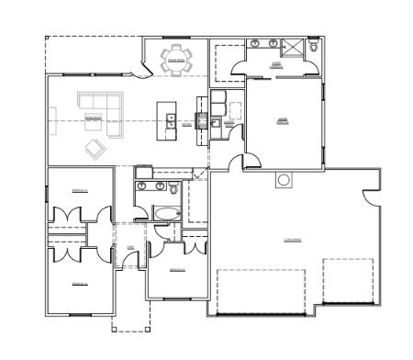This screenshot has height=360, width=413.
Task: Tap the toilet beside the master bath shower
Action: tap(313, 45)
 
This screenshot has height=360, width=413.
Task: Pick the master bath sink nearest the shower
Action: tap(273, 43)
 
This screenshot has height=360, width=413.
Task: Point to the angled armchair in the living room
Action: tap(95, 147)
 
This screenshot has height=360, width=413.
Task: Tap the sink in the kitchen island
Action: tap(169, 118)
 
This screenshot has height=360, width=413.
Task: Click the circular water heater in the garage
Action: tap(284, 179)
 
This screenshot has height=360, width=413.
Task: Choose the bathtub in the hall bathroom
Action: tap(168, 213)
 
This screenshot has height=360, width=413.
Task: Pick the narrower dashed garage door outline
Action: tap(348, 280)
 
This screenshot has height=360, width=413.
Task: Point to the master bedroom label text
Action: tap(283, 119)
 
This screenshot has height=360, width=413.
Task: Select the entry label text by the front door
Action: tap(130, 248)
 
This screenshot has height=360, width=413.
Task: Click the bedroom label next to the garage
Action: tap(177, 269)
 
